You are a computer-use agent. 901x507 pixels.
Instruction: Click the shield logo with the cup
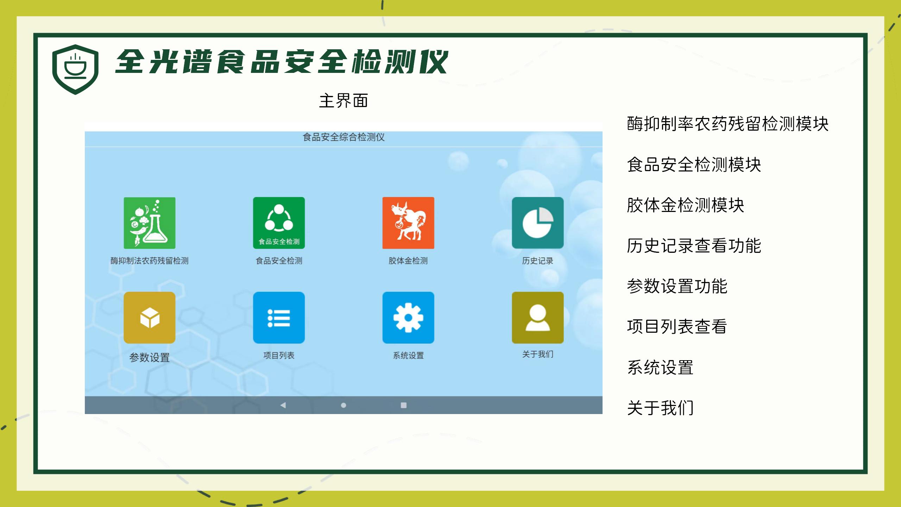tap(75, 69)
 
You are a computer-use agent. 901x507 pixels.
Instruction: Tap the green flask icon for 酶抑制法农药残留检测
tap(150, 223)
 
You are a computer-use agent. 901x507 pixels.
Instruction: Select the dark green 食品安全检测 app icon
tap(279, 223)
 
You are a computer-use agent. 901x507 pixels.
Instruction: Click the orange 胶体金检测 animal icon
tap(408, 223)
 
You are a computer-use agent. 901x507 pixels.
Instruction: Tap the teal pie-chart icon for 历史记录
tap(538, 223)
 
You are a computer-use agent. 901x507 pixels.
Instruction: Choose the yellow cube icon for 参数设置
tap(150, 318)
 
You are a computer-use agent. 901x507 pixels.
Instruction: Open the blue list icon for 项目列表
tap(279, 318)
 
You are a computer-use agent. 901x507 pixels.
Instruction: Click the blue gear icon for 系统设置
tap(408, 318)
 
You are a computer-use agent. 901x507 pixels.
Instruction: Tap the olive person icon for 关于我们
tap(538, 318)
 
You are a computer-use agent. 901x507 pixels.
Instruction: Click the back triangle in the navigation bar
tap(283, 405)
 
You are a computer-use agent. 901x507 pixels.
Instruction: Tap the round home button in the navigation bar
tap(344, 405)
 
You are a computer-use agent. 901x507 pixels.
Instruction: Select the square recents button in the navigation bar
tap(404, 405)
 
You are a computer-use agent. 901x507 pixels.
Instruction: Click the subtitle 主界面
tap(344, 101)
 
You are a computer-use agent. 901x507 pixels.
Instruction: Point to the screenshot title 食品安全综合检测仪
tap(344, 137)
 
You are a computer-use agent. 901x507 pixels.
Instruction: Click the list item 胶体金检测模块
tap(686, 205)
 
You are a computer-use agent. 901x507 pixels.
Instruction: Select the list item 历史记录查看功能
tap(694, 245)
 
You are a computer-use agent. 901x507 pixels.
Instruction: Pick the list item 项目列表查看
tap(677, 326)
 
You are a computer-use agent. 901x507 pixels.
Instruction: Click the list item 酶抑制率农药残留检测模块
tap(728, 124)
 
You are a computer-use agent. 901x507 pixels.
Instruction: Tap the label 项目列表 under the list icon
tap(279, 356)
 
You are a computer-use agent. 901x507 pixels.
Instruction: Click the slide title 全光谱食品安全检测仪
tap(282, 62)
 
